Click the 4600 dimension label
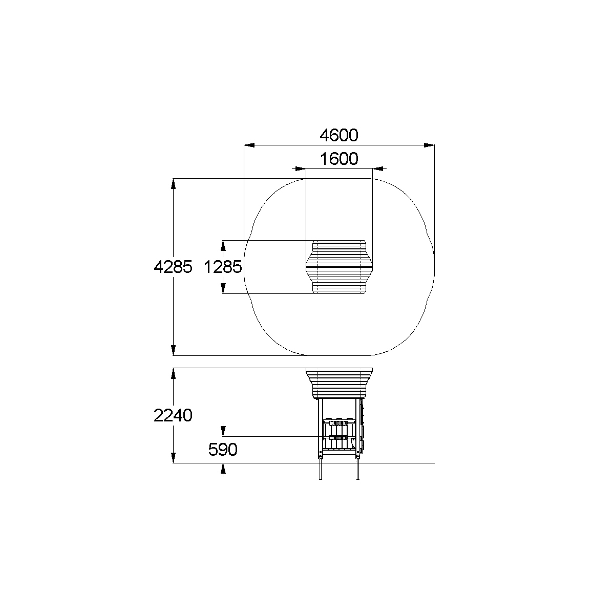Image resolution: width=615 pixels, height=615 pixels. coord(339,136)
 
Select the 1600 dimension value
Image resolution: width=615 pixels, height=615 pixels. coord(339,159)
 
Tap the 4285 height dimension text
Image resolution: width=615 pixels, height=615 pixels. coord(173,267)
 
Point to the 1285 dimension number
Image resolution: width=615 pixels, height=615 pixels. coord(223,267)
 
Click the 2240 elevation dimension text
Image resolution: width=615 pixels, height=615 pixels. coord(173,415)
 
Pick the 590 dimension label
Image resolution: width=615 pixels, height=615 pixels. coord(223,450)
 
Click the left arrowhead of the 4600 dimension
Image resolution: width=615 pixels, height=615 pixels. coord(249,145)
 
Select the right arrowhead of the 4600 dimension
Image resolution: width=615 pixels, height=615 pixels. coord(429,145)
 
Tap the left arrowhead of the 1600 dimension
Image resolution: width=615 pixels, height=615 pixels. coord(301,168)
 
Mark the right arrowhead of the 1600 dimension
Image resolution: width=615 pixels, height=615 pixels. coord(377,168)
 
